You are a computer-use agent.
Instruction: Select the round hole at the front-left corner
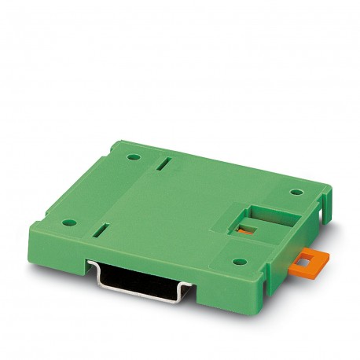click(x=68, y=222)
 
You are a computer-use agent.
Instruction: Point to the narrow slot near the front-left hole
click(x=101, y=232)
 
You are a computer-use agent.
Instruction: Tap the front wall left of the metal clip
click(x=67, y=252)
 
